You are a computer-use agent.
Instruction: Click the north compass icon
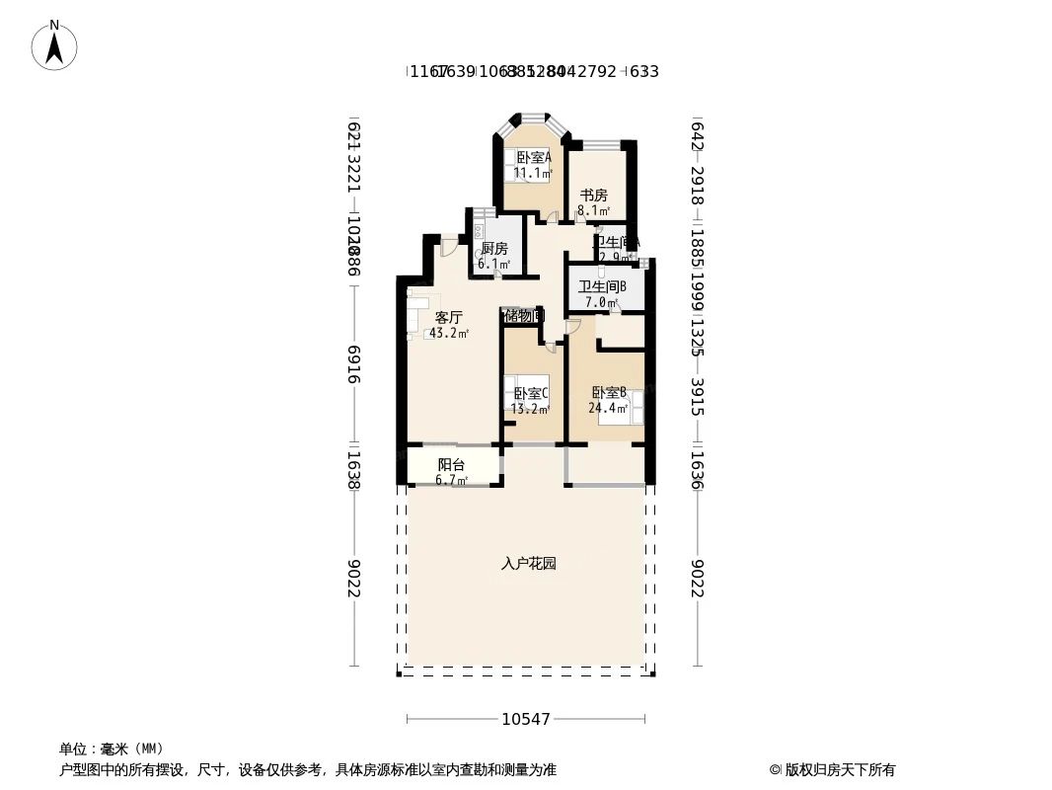54,44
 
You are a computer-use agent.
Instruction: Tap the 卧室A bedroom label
534,157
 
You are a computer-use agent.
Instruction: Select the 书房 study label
593,196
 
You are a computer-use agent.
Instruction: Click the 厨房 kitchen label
494,249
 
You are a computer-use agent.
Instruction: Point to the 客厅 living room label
449,318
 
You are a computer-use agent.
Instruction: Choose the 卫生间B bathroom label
602,287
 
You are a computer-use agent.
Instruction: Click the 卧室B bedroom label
609,392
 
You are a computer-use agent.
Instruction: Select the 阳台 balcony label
451,464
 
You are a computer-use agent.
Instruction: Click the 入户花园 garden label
529,564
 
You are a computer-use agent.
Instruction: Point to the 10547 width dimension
525,720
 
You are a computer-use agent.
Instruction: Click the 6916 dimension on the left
353,364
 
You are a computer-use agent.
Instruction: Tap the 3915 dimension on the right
697,397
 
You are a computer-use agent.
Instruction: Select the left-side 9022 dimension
353,579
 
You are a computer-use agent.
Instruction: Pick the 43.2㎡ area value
449,334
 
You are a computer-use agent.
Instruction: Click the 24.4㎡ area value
609,408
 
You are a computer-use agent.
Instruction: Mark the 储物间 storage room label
522,316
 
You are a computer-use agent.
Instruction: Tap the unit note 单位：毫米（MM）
112,749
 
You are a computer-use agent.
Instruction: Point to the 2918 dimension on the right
697,186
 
